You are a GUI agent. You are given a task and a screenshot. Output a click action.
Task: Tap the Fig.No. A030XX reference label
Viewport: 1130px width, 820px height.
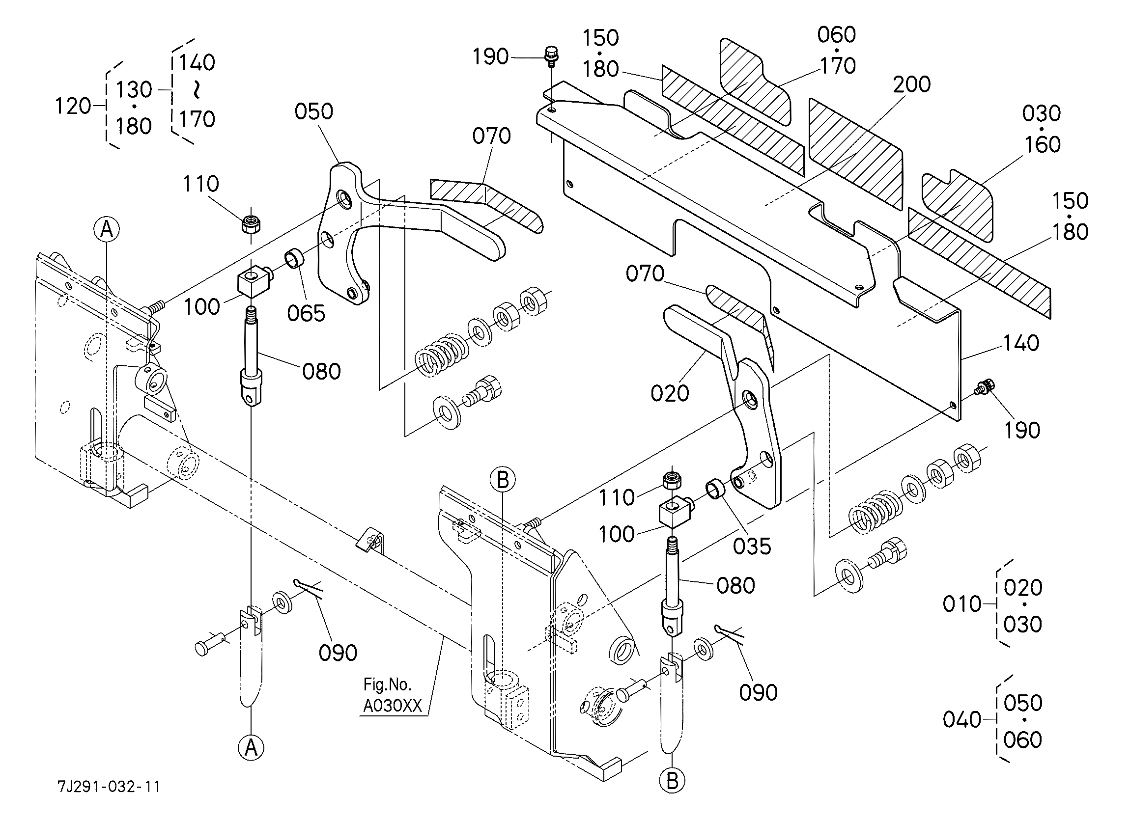[x=392, y=696]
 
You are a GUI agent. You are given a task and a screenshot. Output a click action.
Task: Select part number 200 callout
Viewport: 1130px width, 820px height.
[x=912, y=84]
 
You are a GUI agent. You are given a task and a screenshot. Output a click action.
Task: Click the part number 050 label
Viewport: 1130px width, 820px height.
[x=314, y=111]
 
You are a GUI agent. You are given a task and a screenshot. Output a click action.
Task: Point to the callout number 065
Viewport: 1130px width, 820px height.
[x=306, y=314]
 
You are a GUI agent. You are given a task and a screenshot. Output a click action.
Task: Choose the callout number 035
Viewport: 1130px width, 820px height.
[x=752, y=547]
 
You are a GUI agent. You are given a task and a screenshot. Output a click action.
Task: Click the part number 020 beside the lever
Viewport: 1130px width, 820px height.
[x=670, y=393]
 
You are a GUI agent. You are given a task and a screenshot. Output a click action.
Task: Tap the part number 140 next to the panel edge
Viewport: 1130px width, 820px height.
[x=1020, y=343]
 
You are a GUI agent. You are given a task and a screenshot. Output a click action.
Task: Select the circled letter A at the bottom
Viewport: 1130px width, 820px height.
[x=251, y=747]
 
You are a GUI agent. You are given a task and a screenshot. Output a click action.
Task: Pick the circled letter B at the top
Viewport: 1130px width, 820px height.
[x=503, y=480]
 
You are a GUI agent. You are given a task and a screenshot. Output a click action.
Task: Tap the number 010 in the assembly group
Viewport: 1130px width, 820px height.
[x=962, y=604]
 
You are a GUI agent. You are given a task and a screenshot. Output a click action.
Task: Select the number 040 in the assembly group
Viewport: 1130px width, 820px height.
[x=962, y=720]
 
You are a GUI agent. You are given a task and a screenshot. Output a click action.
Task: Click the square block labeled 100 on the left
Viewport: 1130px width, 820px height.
[x=255, y=281]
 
